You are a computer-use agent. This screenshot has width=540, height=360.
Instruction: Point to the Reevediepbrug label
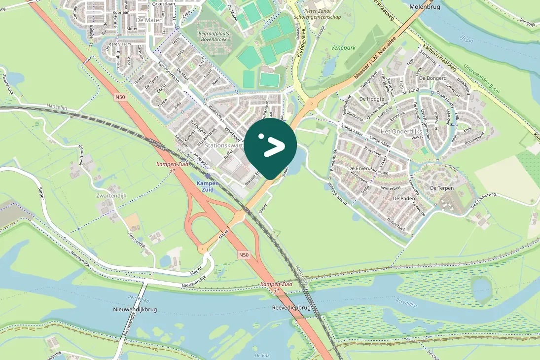[x=291, y=307]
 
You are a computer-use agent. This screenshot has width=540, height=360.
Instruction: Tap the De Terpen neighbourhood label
[x=441, y=188]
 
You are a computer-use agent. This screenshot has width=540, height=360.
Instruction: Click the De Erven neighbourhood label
[x=359, y=169]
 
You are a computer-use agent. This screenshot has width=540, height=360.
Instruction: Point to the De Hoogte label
[x=372, y=99]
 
